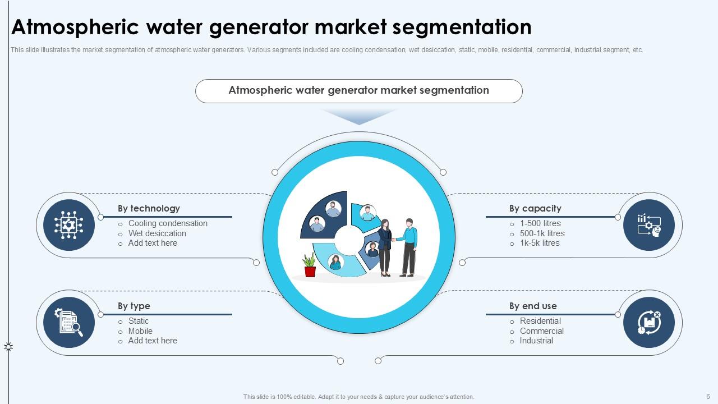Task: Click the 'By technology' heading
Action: [149, 208]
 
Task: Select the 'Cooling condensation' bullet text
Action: [168, 223]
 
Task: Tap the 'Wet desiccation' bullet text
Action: [157, 233]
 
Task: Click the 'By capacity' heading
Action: [535, 208]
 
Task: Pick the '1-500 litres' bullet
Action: [540, 223]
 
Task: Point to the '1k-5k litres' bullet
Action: [540, 243]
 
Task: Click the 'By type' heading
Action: [134, 306]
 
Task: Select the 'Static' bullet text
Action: [139, 321]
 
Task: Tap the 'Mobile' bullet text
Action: [140, 331]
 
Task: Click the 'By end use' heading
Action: [533, 306]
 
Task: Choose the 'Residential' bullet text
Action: [540, 321]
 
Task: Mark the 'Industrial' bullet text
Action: [536, 341]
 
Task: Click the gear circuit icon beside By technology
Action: [68, 225]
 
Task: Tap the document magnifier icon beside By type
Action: [68, 323]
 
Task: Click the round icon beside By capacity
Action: [649, 225]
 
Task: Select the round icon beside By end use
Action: [649, 323]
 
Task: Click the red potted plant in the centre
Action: [310, 265]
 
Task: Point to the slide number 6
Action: [708, 397]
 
